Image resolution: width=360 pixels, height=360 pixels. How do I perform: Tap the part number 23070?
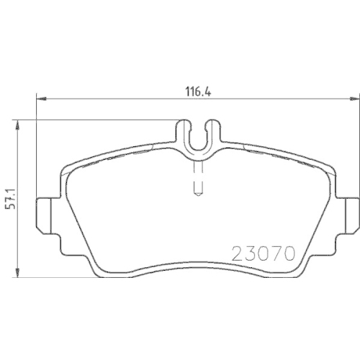pyautogui.click(x=262, y=253)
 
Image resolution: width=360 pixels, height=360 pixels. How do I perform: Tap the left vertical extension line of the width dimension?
pyautogui.click(x=37, y=144)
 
